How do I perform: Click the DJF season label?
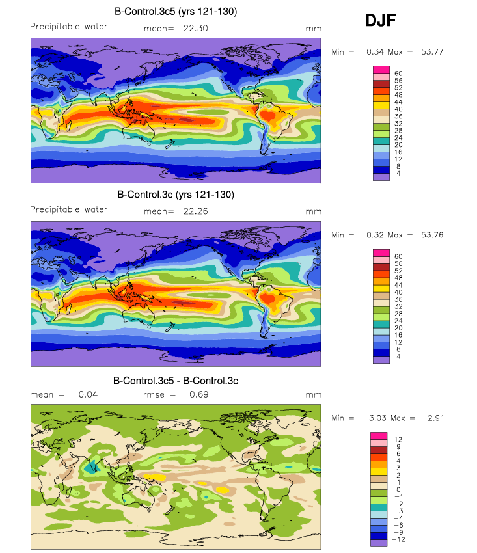coord(380,20)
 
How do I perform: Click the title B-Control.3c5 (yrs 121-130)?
coord(176,12)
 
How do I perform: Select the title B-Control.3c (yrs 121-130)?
coord(176,195)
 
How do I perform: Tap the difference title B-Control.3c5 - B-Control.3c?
coord(176,381)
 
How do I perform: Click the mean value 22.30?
coord(195,28)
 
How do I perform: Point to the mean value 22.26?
coord(195,211)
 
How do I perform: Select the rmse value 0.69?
coord(199,394)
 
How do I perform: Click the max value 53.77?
coord(432,52)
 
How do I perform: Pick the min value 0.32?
coord(375,235)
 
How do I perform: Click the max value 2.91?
coord(436,418)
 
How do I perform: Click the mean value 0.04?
coord(88,394)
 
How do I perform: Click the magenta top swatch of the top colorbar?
coord(381,70)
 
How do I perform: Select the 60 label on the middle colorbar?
coord(398,256)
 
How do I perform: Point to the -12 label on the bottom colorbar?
coord(398,539)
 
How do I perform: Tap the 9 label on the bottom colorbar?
coord(398,447)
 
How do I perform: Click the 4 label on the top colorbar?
coord(398,174)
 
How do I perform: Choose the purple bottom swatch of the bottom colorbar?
coord(379,543)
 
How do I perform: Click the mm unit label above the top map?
coord(313,29)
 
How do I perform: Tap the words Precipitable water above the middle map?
coord(69,209)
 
